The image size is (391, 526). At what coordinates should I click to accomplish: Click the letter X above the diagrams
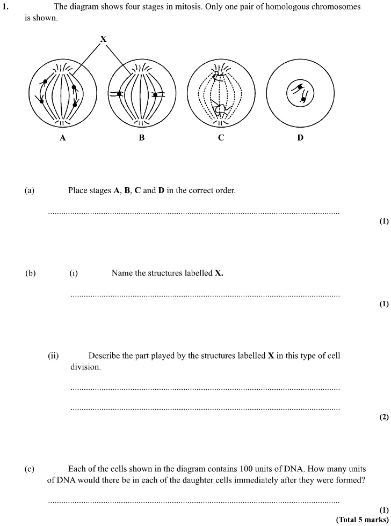tap(103, 39)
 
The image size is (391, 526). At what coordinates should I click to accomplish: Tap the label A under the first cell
tap(63, 138)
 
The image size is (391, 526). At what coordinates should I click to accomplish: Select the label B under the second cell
tap(142, 138)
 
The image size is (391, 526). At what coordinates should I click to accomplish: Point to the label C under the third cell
tap(221, 138)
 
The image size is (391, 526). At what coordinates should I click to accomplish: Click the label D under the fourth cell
tap(300, 138)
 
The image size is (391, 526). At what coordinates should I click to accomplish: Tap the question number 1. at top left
tap(6, 7)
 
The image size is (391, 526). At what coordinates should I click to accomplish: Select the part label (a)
tap(29, 190)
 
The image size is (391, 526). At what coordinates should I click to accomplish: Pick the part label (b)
tap(30, 273)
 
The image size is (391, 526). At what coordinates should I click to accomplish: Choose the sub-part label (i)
tap(74, 273)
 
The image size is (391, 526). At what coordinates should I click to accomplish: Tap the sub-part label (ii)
tap(53, 355)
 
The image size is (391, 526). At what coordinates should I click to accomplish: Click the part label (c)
tap(29, 469)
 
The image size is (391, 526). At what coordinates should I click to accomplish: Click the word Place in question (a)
tap(78, 190)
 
